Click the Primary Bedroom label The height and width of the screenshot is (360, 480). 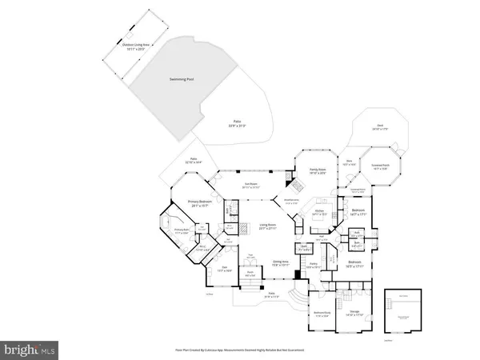[203, 203]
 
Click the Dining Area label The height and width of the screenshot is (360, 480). [279, 262]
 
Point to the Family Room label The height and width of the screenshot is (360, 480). [318, 171]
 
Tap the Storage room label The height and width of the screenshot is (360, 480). [354, 313]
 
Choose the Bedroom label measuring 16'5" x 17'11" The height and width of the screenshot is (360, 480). [355, 264]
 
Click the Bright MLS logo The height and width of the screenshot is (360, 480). [30, 349]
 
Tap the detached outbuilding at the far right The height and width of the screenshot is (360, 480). [402, 310]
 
